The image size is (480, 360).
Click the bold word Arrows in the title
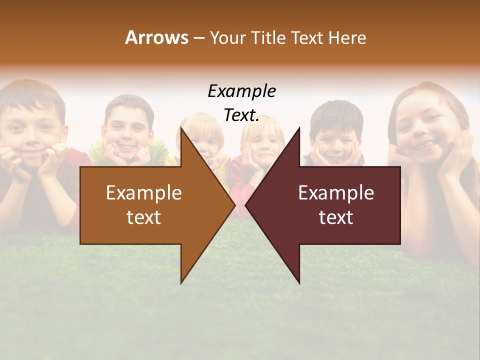pos(156,37)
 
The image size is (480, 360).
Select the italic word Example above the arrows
pos(241,91)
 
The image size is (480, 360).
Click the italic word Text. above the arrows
pos(241,115)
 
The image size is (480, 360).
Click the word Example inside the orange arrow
pos(144,193)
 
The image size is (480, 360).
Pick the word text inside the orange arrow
pos(144,217)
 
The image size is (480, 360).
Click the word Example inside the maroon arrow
pos(336,193)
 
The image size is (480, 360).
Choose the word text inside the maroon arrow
pos(336,217)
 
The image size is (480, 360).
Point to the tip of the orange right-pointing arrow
pos(235,205)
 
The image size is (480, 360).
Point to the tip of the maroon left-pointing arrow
pos(245,205)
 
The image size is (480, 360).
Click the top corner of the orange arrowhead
pos(181,127)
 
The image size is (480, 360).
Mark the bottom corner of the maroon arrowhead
pos(299,283)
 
